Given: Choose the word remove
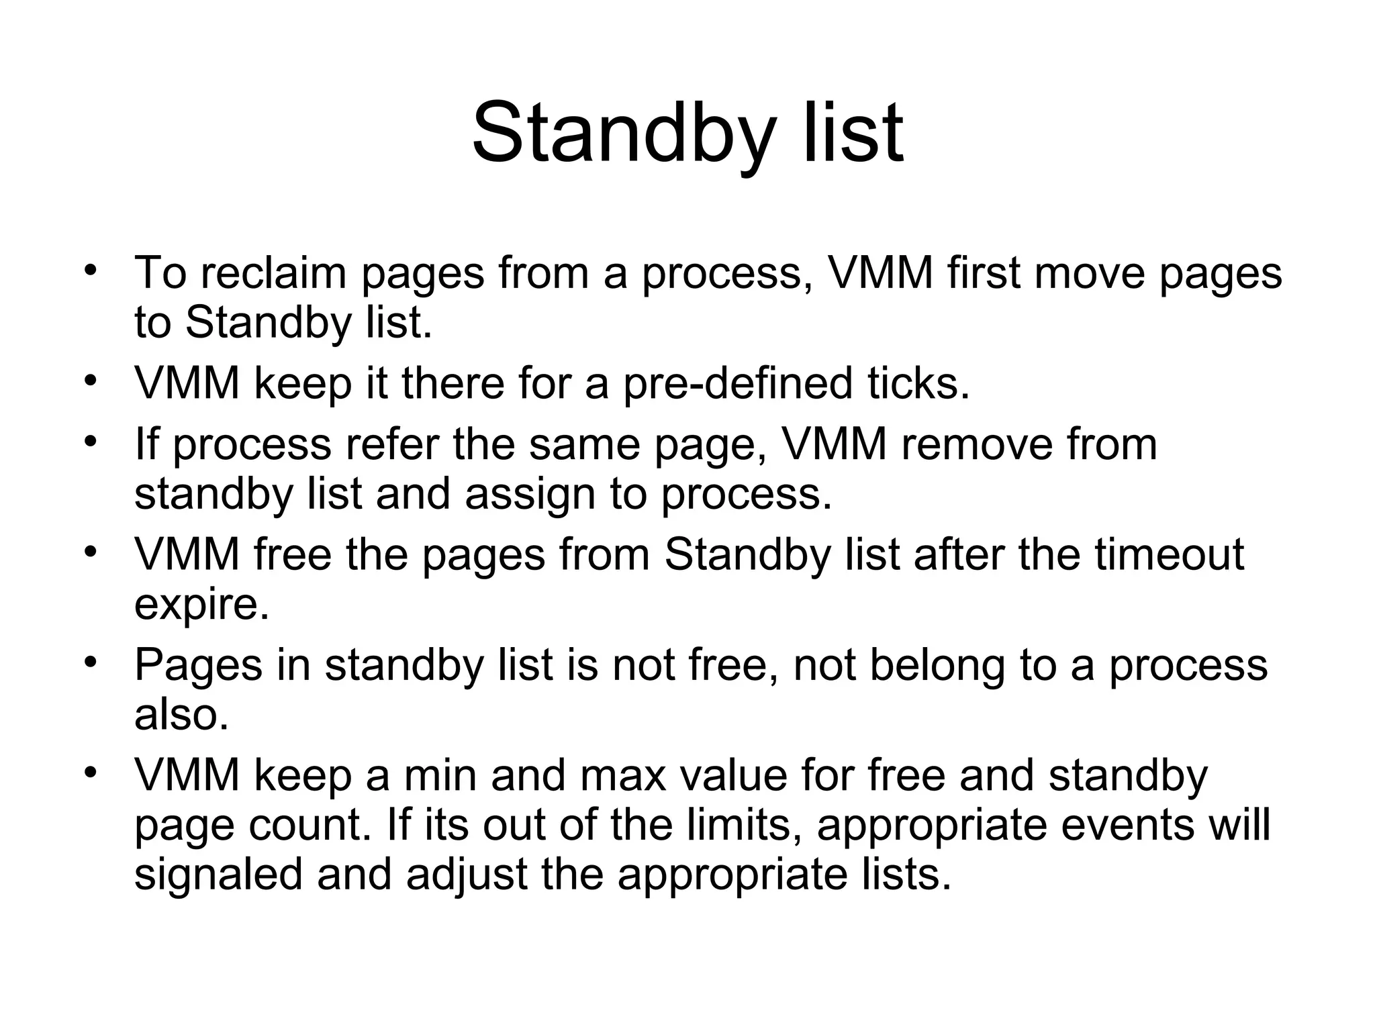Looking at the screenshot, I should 976,444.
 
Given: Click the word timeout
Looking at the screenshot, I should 1169,554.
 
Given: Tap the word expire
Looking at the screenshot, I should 201,605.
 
